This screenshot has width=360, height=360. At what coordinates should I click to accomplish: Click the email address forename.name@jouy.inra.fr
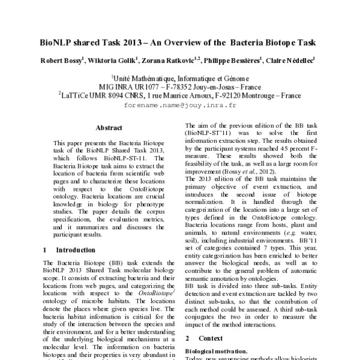179,104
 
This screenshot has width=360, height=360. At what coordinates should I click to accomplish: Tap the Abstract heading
109,127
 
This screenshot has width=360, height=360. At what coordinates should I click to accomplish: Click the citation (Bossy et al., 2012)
247,171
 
